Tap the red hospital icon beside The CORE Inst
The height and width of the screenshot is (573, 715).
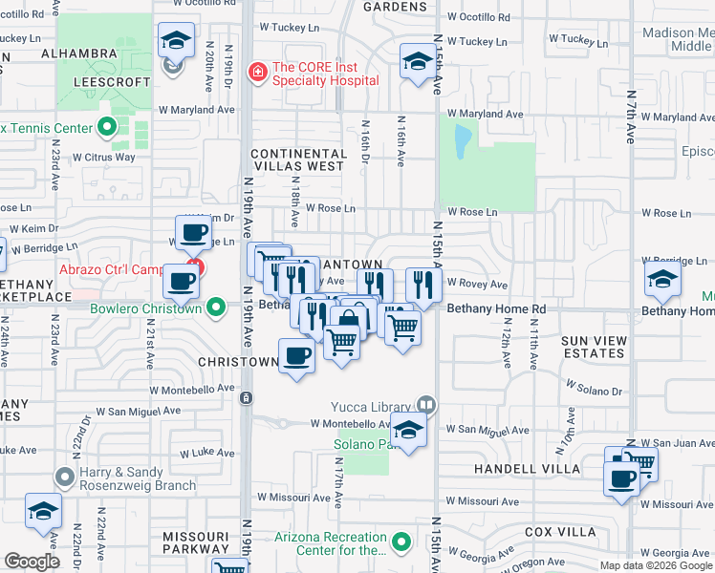point(256,72)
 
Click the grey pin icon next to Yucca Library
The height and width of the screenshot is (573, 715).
point(426,406)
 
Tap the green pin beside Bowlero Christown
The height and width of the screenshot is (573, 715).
point(216,308)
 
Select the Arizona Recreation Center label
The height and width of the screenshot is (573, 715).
point(330,543)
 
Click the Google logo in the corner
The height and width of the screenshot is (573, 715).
point(32,562)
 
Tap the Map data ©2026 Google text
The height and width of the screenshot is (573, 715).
point(656,565)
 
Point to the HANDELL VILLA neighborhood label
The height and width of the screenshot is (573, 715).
point(528,469)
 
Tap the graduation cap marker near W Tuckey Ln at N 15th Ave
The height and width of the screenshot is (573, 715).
point(416,63)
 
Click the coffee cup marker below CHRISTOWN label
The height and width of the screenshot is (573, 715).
point(297,357)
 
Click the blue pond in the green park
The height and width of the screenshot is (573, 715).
point(463,142)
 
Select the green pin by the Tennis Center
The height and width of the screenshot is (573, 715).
point(107,127)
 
